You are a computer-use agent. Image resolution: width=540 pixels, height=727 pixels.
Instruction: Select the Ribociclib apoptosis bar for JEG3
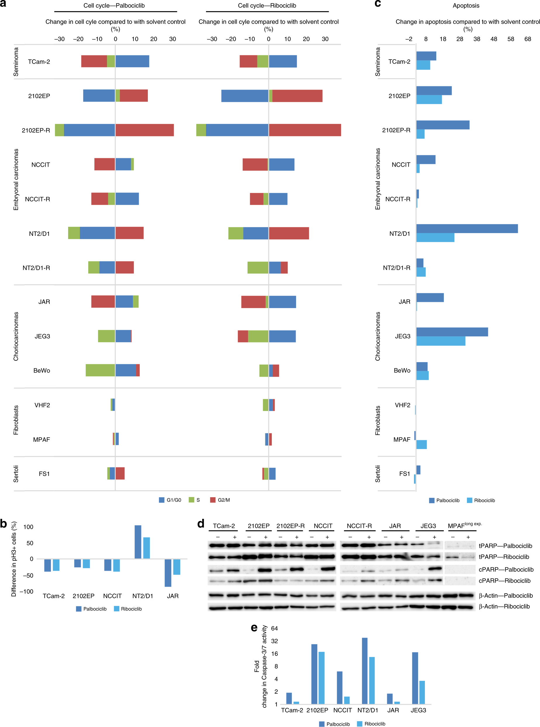tap(441, 341)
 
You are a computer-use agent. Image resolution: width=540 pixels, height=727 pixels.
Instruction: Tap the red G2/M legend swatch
tap(213, 500)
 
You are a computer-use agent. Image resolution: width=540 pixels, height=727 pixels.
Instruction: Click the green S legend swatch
tap(192, 500)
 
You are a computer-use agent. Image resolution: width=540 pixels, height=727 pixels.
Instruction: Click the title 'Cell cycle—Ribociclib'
tap(267, 6)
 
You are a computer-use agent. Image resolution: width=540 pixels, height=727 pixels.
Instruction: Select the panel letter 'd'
tap(201, 523)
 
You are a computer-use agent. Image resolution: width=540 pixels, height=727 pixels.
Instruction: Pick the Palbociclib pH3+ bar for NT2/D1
tap(138, 542)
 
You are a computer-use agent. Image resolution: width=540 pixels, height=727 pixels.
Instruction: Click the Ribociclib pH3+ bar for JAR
tap(176, 567)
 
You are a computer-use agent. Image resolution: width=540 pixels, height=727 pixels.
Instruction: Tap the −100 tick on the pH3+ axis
tap(27, 591)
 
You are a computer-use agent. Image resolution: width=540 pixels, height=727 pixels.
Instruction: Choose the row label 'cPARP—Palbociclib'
tap(506, 569)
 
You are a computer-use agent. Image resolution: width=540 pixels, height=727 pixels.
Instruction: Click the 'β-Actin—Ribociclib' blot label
tap(504, 606)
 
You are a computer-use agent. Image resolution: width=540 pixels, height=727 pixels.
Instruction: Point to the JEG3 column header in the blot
tap(428, 526)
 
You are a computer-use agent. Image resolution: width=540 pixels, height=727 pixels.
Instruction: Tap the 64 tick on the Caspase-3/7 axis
tap(274, 628)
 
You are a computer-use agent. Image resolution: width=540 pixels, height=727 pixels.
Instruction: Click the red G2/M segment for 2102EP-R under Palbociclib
tap(144, 130)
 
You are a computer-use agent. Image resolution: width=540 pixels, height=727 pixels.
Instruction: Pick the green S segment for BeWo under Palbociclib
tap(100, 370)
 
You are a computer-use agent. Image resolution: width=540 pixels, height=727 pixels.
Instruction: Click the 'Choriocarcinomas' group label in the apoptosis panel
tap(378, 336)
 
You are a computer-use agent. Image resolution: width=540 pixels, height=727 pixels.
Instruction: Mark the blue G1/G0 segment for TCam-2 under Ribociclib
tap(283, 61)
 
